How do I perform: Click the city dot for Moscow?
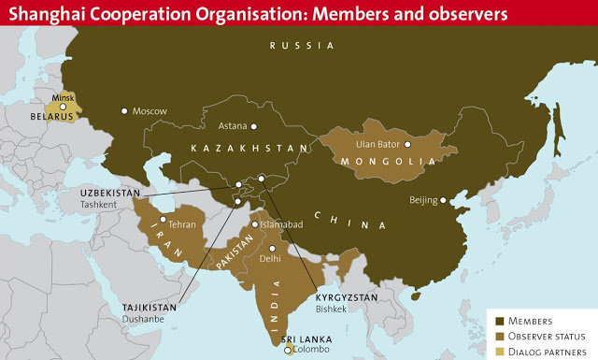coord(124,111)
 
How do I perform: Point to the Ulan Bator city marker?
coord(407,144)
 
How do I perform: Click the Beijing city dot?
coord(445,198)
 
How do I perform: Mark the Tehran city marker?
coord(163,219)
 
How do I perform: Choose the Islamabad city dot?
coord(254,225)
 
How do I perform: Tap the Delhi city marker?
coord(272,248)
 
